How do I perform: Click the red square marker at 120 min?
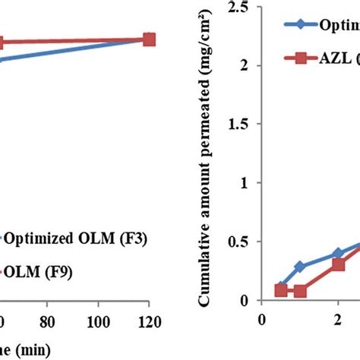[x=149, y=39]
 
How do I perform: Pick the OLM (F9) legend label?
[x=30, y=270]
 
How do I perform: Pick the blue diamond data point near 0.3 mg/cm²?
[x=300, y=267]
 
